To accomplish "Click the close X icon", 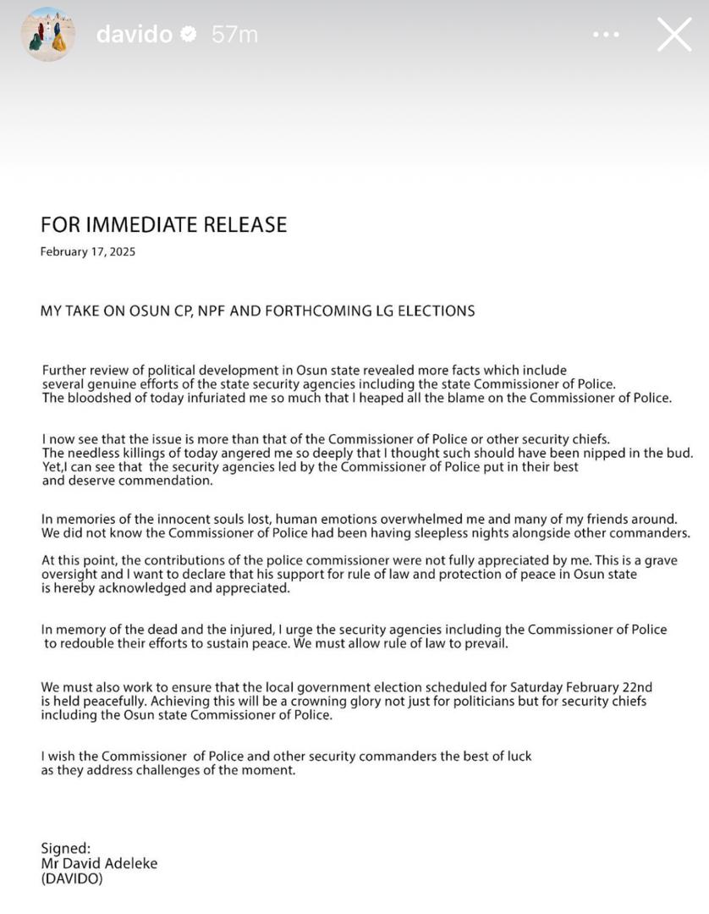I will [x=674, y=35].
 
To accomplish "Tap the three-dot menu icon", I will [x=607, y=35].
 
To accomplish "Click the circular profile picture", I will [x=48, y=35].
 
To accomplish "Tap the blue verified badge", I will [x=190, y=35].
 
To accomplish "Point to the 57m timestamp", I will [x=234, y=35].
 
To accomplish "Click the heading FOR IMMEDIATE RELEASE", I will [x=163, y=224].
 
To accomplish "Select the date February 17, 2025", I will [x=87, y=251].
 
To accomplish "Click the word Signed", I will [x=65, y=848].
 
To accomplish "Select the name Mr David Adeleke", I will [x=99, y=863].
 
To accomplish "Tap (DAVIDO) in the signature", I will [x=72, y=878].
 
